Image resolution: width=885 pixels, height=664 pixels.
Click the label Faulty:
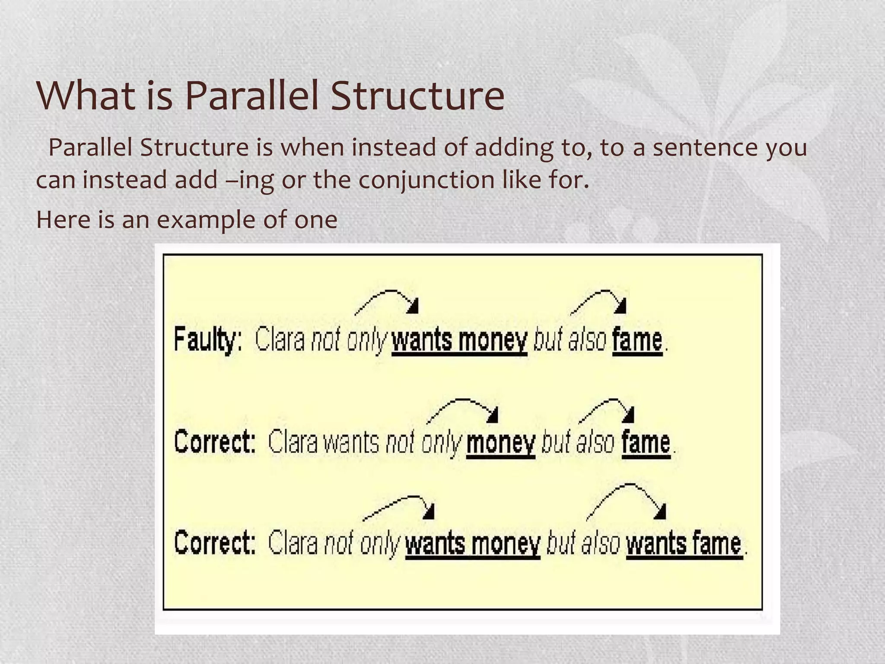pyautogui.click(x=208, y=340)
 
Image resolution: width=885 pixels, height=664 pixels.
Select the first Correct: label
pyautogui.click(x=215, y=442)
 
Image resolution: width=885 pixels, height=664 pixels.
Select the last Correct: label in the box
pyautogui.click(x=215, y=543)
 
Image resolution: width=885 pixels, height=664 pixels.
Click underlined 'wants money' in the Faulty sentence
pyautogui.click(x=459, y=340)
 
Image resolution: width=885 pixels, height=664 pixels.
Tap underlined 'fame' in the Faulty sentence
pyautogui.click(x=637, y=340)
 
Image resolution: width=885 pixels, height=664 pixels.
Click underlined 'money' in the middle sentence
pyautogui.click(x=501, y=443)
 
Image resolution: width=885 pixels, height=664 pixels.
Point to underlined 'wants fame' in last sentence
pyautogui.click(x=684, y=544)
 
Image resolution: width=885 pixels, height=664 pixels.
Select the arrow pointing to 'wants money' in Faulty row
pyautogui.click(x=387, y=300)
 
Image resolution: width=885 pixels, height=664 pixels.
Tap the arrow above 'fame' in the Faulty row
pyautogui.click(x=598, y=300)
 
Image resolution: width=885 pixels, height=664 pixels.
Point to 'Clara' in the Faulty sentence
pyautogui.click(x=280, y=340)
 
